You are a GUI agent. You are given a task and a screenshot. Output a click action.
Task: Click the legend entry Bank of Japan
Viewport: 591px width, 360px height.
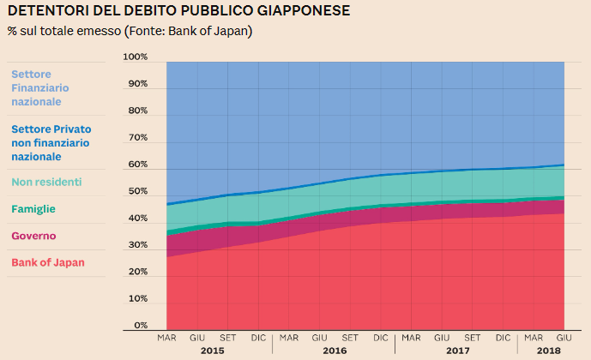[x=47, y=262]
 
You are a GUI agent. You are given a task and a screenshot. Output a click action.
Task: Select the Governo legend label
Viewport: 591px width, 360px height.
[x=33, y=235]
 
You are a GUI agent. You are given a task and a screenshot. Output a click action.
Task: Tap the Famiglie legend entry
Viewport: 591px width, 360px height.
[x=35, y=207]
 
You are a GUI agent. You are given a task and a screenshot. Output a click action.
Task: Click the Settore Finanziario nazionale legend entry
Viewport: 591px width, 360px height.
[x=40, y=87]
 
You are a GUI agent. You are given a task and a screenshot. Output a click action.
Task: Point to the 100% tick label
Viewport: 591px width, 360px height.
[x=136, y=57]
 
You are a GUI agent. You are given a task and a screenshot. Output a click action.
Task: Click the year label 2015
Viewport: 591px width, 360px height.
[x=213, y=351]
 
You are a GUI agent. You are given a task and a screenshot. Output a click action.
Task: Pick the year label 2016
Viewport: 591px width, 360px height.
[x=335, y=351]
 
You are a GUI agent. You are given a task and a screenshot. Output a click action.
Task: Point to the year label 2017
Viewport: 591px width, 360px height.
[x=456, y=351]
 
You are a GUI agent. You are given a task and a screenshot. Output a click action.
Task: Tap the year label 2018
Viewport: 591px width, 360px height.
[x=547, y=351]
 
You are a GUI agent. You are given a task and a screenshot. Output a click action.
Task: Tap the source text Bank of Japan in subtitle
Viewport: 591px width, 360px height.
[x=212, y=31]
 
